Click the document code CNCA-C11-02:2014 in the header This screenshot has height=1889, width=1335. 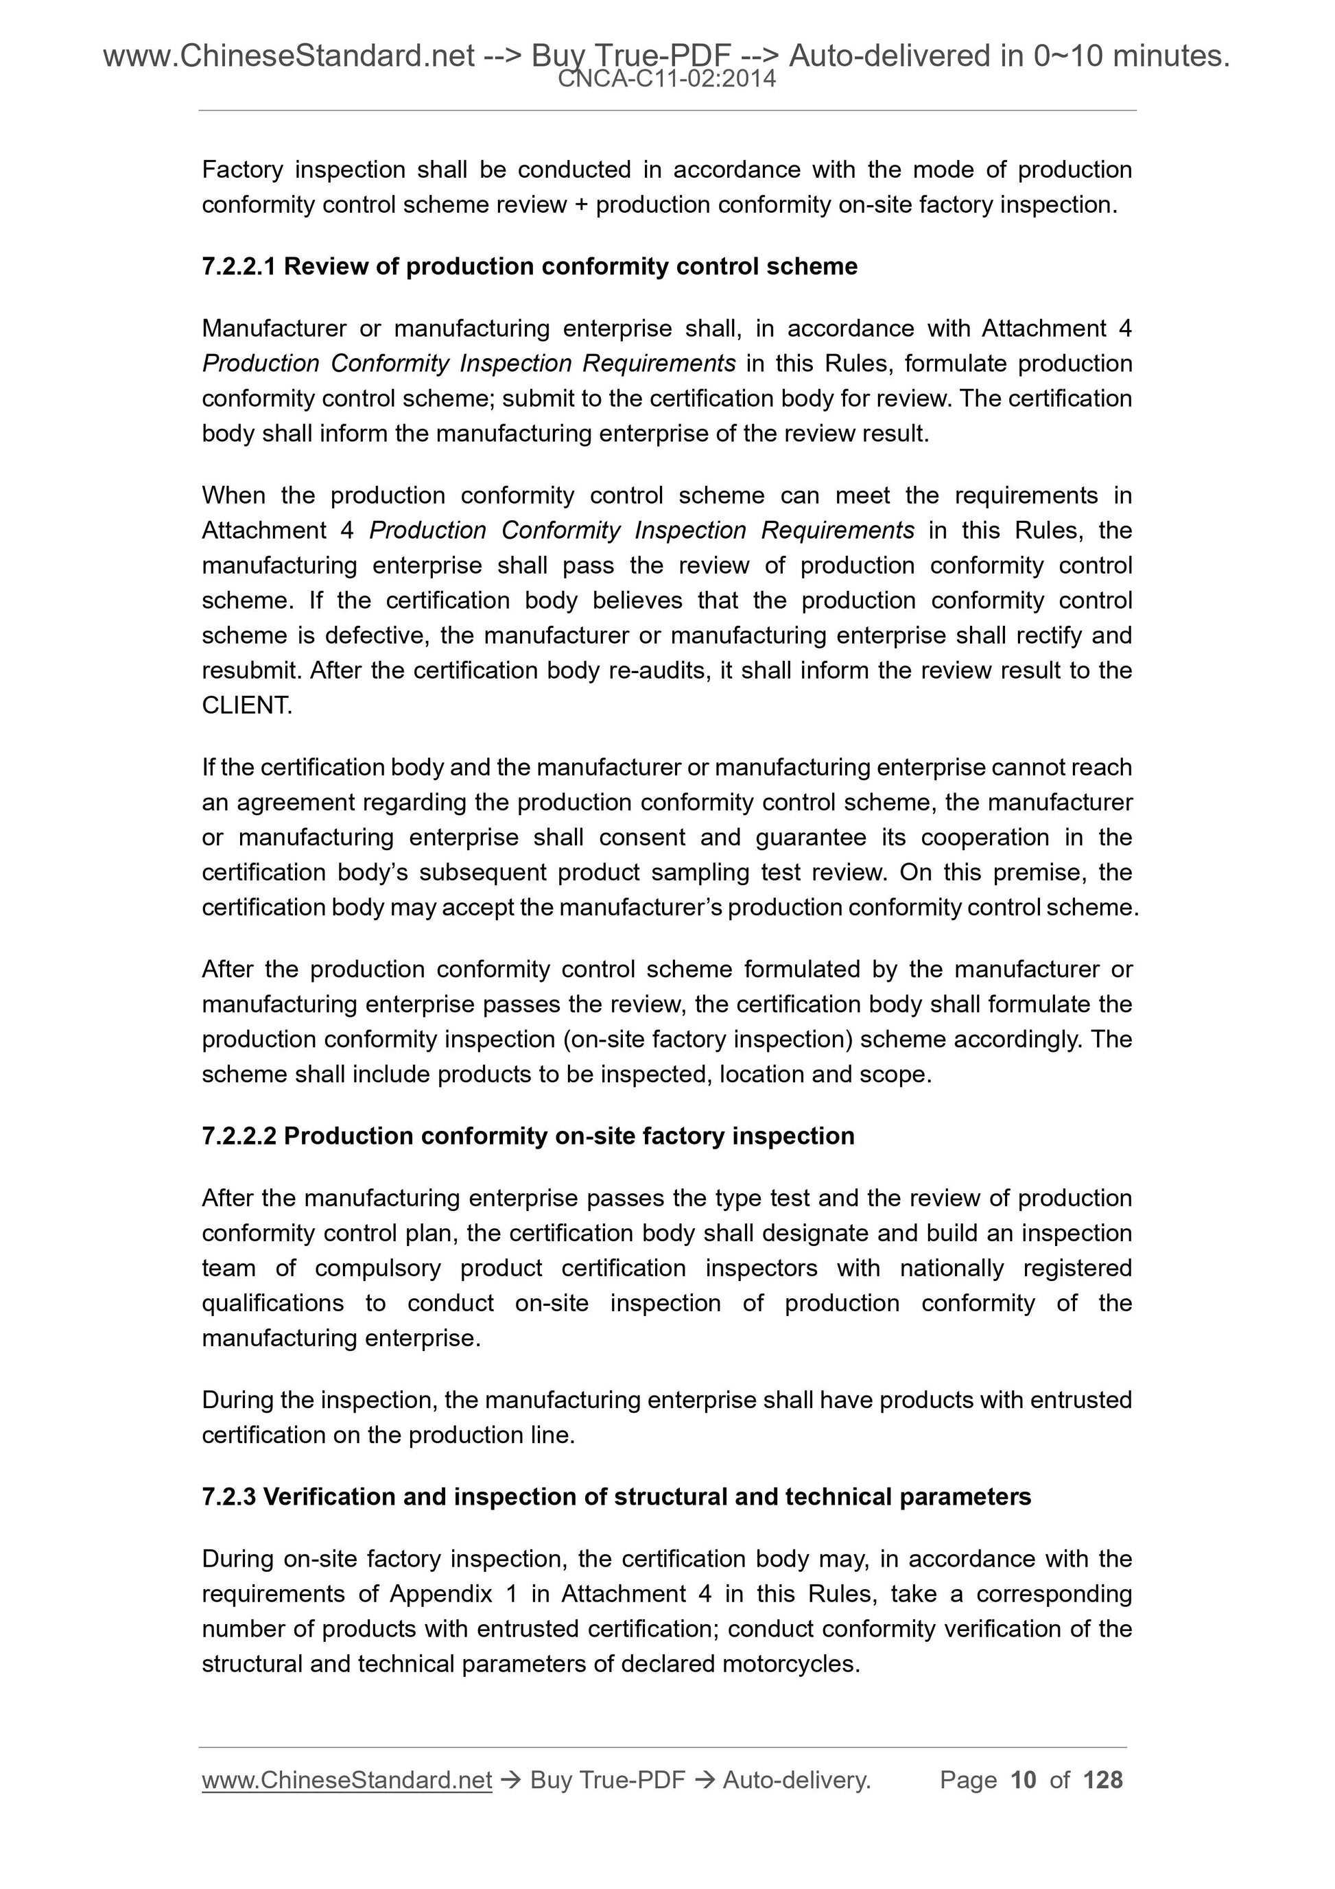[666, 79]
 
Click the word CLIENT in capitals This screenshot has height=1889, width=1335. [246, 705]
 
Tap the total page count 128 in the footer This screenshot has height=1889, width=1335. [1102, 1781]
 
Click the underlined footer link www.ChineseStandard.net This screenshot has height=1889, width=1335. [346, 1781]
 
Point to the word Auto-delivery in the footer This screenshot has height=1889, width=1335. [795, 1781]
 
